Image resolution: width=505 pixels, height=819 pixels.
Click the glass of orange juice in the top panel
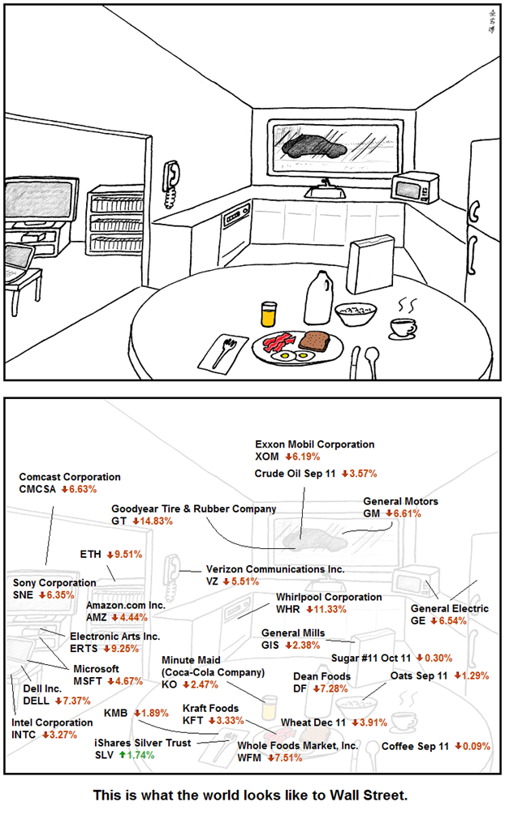tap(269, 315)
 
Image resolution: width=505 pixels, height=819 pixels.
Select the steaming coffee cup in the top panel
tap(401, 326)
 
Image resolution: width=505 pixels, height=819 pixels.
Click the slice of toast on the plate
tap(314, 340)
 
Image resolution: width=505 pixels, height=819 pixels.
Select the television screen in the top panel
tap(37, 196)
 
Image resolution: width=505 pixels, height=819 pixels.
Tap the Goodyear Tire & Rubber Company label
tap(193, 508)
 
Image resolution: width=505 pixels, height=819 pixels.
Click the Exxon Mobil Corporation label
tap(314, 444)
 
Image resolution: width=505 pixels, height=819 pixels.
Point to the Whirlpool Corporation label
tap(328, 597)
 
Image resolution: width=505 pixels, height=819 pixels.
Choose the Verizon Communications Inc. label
tap(274, 569)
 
